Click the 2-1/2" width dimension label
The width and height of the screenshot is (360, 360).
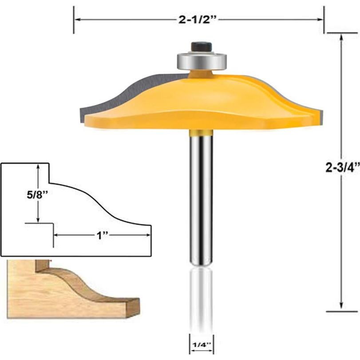pos(199,20)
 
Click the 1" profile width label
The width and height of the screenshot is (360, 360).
pos(103,237)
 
